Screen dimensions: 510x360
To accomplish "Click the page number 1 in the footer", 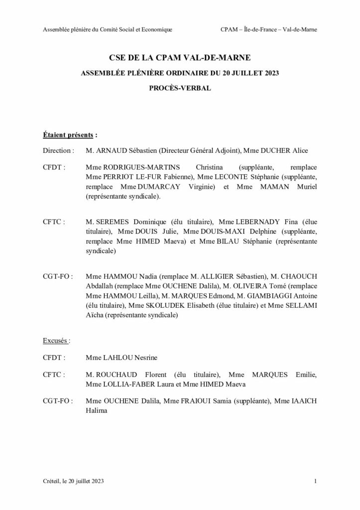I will [316, 481].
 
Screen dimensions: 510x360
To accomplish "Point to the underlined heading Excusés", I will [56, 341].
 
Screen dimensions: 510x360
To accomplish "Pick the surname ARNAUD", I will [112, 149].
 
